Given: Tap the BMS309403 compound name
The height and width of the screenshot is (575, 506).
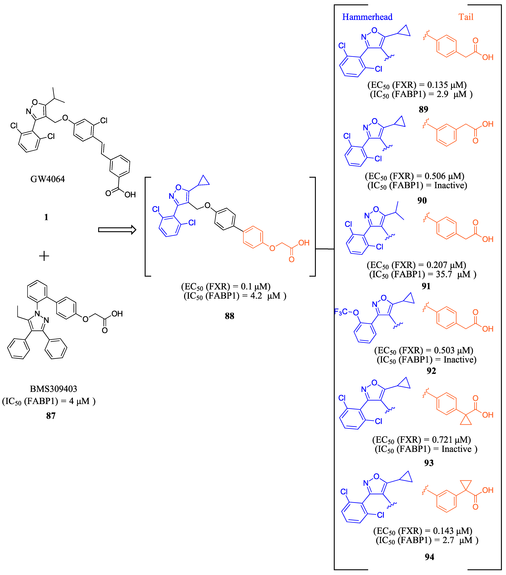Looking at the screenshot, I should pyautogui.click(x=53, y=389).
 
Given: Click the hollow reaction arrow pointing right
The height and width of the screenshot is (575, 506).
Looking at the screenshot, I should pyautogui.click(x=117, y=230).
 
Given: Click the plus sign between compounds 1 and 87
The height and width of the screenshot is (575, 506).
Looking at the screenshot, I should pyautogui.click(x=44, y=256).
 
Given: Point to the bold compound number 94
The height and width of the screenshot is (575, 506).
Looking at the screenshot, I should pyautogui.click(x=429, y=557).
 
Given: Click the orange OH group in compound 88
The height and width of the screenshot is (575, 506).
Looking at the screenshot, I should pyautogui.click(x=304, y=243).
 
